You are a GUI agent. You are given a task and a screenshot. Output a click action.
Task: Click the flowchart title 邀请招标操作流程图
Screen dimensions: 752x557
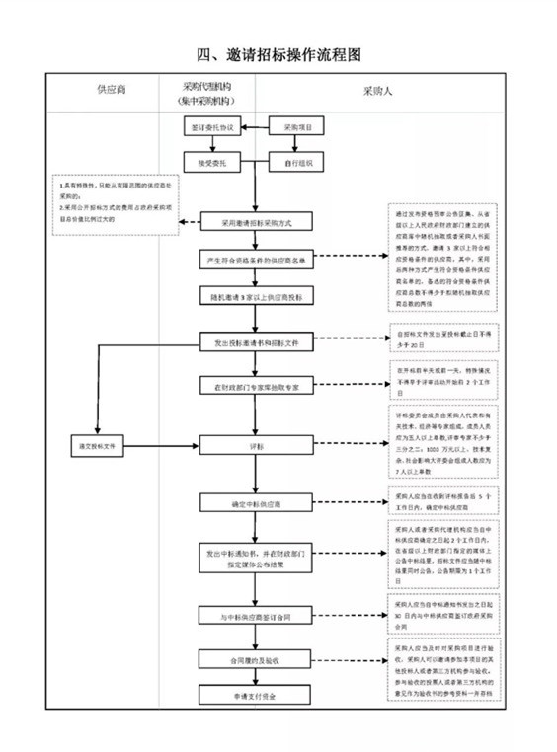(x=278, y=52)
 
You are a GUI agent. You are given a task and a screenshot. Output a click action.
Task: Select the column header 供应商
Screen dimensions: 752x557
(x=111, y=90)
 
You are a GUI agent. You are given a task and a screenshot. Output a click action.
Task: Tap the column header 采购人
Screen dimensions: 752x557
(x=377, y=90)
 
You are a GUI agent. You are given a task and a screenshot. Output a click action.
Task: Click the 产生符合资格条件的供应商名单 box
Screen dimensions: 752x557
(x=256, y=259)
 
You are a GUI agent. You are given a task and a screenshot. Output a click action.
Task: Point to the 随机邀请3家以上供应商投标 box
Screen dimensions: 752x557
(x=256, y=295)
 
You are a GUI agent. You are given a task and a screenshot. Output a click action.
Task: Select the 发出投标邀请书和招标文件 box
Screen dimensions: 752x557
(x=256, y=342)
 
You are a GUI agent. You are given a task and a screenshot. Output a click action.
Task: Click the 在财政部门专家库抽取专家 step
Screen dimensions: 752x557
(x=256, y=386)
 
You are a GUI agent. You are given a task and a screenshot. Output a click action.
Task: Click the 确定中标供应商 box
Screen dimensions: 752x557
(x=256, y=503)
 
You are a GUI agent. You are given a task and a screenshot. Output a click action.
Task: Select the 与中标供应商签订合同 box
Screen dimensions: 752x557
(x=256, y=616)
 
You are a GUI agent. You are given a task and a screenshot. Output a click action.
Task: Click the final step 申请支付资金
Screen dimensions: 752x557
(x=256, y=696)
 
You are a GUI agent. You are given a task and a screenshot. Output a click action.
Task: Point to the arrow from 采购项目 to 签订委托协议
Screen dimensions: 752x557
(x=254, y=128)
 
